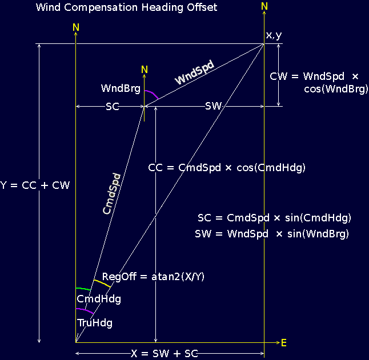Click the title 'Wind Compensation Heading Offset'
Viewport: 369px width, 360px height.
126,8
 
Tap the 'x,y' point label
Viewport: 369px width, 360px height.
274,35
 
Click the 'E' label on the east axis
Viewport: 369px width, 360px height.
283,342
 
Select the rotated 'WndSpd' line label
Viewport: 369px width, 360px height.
194,73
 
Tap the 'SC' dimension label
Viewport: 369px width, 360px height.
113,107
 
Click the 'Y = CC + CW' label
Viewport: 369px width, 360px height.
35,185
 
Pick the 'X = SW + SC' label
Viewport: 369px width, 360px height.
164,354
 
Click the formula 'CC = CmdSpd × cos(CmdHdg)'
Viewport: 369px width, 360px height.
227,168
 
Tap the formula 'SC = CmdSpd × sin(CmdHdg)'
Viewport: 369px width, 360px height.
274,218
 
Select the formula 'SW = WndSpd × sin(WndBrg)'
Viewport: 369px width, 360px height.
271,234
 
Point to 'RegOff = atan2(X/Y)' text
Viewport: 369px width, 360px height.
153,277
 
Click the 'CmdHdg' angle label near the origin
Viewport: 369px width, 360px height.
98,299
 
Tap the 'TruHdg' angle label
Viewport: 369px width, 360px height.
94,323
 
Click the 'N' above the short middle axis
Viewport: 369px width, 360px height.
145,70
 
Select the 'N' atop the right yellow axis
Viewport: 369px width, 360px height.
264,6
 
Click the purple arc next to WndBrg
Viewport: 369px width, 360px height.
152,94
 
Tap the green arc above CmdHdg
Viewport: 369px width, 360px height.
83,289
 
